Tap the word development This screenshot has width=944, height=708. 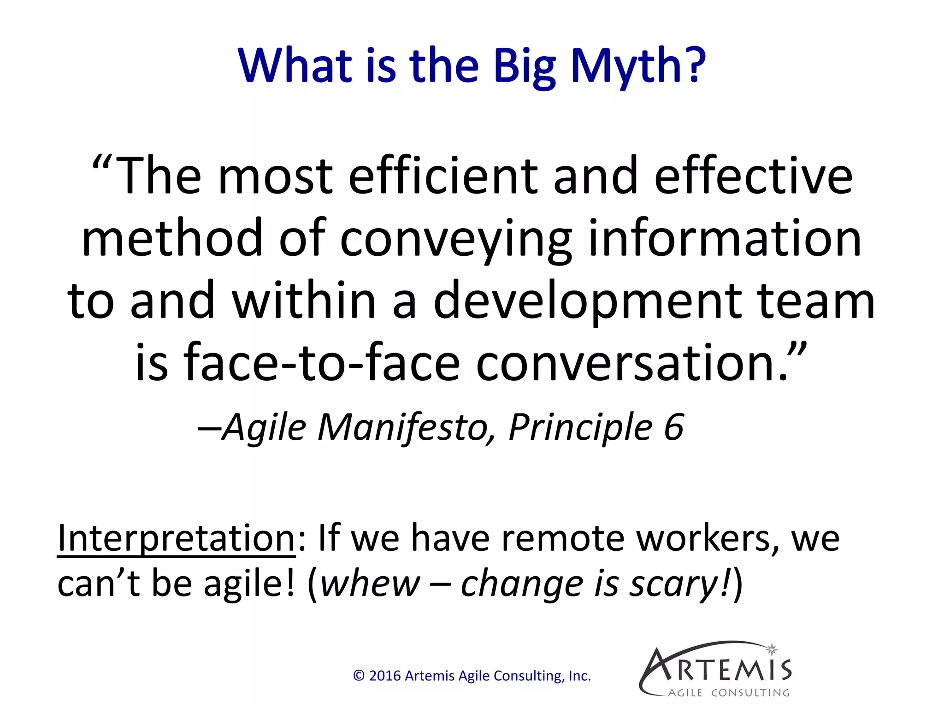587,302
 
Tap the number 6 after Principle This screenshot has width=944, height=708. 673,428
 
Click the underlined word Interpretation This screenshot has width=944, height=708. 176,539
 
